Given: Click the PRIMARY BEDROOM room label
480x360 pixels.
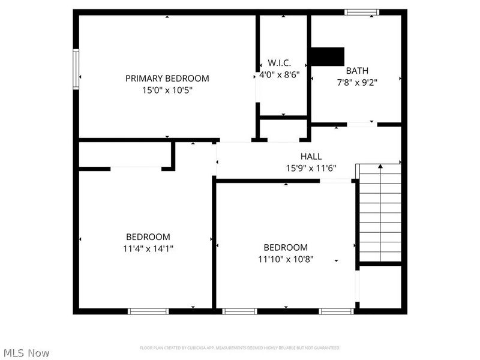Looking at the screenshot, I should coord(167,78).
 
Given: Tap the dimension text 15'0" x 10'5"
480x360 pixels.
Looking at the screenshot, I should coord(167,90).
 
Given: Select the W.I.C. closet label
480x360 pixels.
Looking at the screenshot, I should coord(279,63).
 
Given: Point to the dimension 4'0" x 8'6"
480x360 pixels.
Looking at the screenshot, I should coord(279,75).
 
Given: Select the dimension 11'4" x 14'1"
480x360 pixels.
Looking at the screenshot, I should coord(148,248).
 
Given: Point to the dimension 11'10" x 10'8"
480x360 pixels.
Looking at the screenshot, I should coord(286,259).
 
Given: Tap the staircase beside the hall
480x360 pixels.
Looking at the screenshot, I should coord(380,214).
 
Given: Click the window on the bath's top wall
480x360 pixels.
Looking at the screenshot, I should coord(362,11).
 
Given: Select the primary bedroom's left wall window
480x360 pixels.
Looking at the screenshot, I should coord(76,69).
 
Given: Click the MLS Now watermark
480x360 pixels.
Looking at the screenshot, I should coord(26,353).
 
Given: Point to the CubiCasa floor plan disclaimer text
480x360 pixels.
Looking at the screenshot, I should coord(240,348).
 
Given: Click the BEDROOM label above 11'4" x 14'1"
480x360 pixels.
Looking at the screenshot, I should coord(148,237).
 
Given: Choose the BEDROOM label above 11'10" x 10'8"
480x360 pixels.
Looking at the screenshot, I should coord(286,247).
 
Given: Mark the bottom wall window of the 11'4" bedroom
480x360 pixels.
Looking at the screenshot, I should coord(148,311).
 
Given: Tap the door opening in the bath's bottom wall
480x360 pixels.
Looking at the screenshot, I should coord(362,124).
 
